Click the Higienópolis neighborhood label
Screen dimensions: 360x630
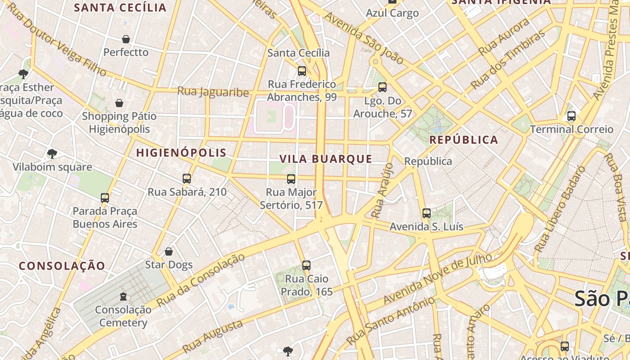[181, 153]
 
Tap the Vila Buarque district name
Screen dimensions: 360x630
[326, 159]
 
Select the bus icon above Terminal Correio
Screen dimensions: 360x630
[571, 116]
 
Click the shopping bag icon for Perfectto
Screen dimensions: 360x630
[126, 39]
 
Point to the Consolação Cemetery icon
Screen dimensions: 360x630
[123, 296]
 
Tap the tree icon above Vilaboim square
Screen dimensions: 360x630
[52, 154]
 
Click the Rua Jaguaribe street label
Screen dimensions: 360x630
[213, 92]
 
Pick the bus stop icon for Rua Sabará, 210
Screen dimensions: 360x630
[187, 179]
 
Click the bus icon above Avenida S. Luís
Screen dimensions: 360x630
[427, 213]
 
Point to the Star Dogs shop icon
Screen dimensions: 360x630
[169, 251]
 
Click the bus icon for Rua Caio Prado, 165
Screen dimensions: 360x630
[306, 265]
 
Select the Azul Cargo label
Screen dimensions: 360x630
[392, 13]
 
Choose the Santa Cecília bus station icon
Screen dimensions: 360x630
[302, 71]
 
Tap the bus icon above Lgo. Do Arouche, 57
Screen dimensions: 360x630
[382, 87]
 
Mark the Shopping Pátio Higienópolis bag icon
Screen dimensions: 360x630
[119, 103]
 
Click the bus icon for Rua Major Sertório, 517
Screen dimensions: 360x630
[291, 179]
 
